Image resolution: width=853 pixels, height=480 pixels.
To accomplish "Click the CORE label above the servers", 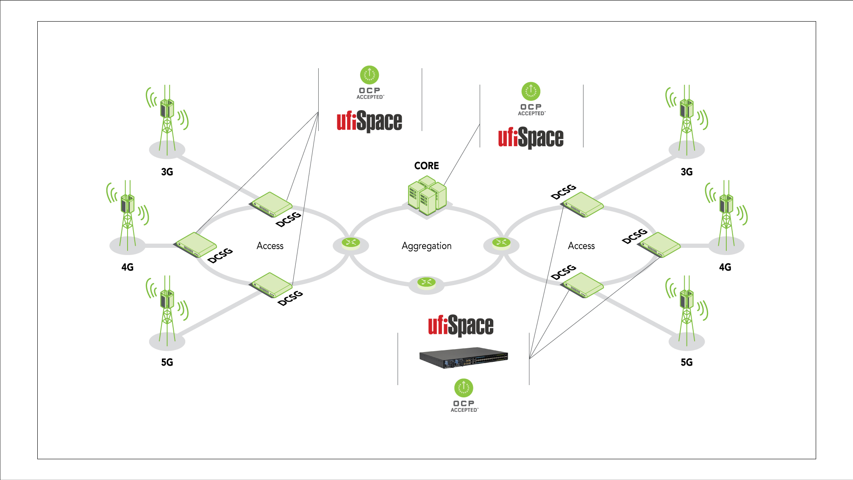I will click(x=426, y=166).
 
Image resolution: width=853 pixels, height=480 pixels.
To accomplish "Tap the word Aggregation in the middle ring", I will click(x=426, y=246).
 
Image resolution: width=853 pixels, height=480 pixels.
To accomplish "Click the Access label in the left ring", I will click(x=270, y=246).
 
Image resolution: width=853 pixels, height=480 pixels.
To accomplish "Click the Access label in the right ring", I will click(x=581, y=246).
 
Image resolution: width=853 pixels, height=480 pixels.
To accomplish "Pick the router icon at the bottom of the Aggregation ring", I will click(x=426, y=283).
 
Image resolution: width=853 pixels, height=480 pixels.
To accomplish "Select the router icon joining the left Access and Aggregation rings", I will click(x=351, y=243).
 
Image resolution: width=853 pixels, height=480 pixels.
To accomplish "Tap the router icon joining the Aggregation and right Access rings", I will click(x=501, y=243).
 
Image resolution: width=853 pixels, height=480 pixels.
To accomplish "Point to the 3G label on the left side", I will click(x=167, y=172).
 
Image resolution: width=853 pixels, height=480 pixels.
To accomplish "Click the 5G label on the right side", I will click(x=686, y=362).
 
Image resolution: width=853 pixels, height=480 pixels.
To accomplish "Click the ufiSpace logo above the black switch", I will click(x=461, y=325).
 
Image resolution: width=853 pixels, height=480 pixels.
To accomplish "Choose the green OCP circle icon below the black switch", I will click(x=464, y=388).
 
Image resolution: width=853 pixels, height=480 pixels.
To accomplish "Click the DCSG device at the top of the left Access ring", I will click(x=272, y=204).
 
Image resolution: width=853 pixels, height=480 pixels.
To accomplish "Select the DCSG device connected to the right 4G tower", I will click(x=659, y=244).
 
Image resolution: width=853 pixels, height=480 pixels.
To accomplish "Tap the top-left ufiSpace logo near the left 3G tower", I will click(x=369, y=121).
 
